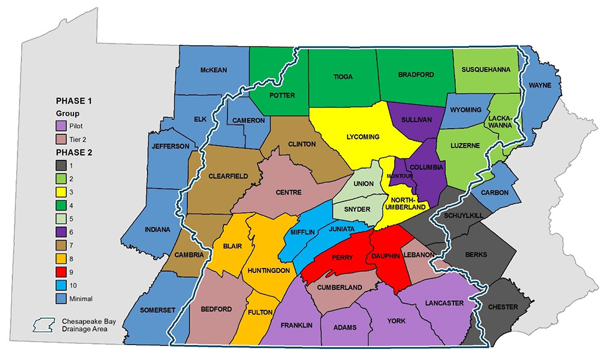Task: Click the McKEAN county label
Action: pos(213,70)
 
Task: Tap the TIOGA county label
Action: pos(343,76)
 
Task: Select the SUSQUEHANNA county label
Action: pos(486,70)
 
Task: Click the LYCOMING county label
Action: pos(363,136)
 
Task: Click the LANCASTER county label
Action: pos(444,303)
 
